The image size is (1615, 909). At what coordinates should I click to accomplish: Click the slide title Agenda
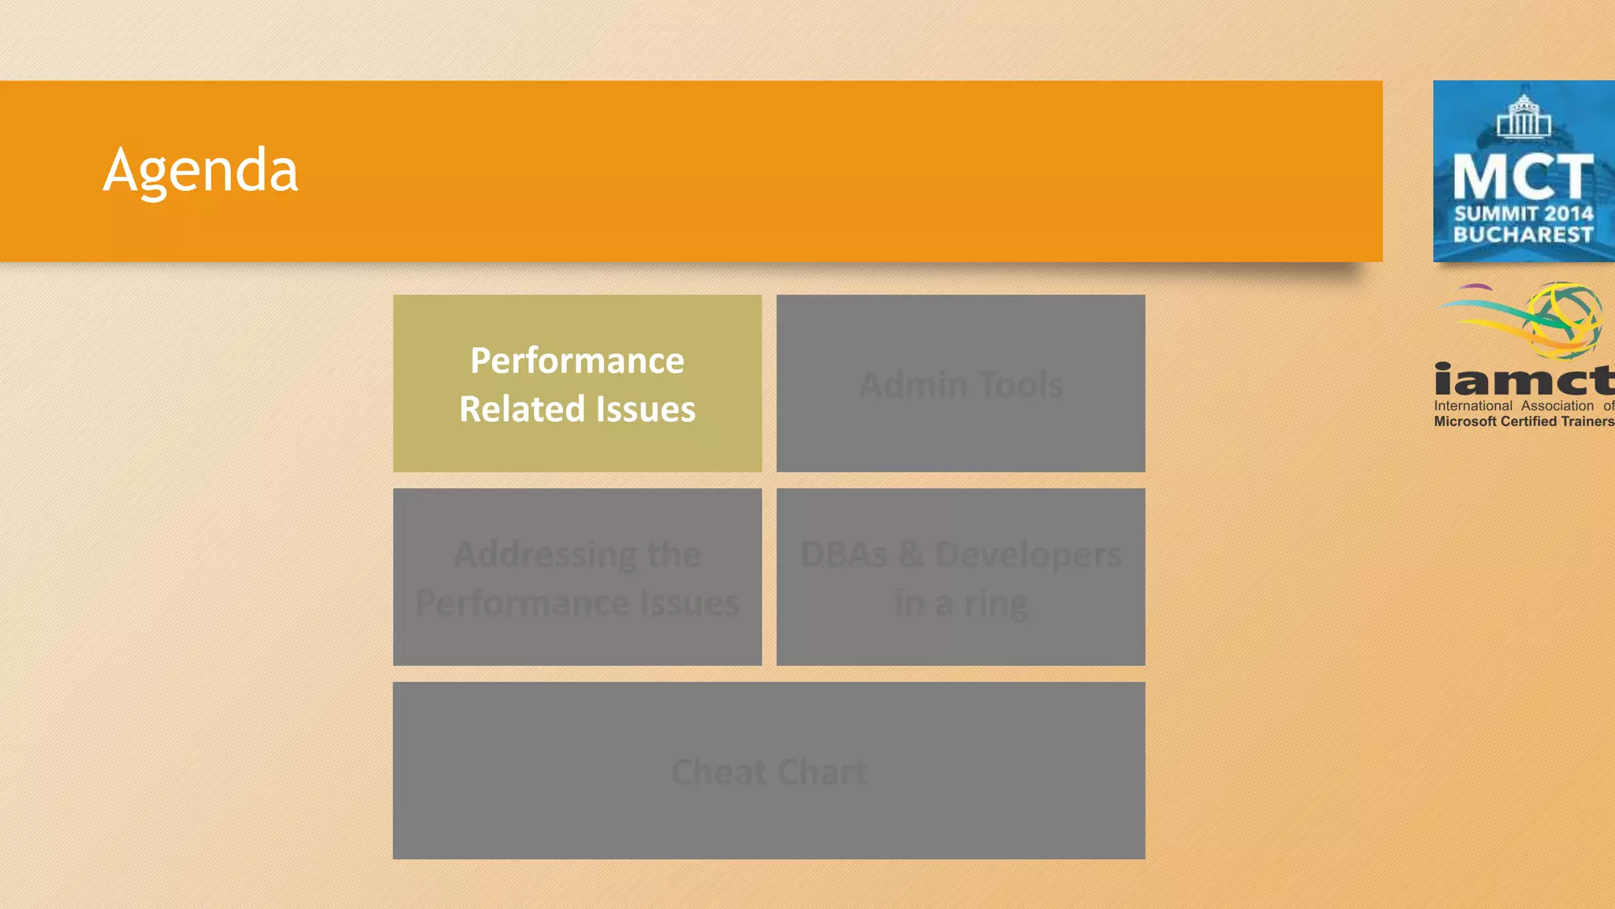click(200, 170)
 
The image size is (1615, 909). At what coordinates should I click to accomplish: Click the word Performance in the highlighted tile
click(577, 361)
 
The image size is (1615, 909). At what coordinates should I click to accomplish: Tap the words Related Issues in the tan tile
click(577, 410)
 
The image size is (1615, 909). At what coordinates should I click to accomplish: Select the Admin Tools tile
click(960, 384)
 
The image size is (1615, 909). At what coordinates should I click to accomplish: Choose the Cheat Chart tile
click(769, 771)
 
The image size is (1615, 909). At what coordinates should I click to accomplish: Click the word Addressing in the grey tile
click(545, 555)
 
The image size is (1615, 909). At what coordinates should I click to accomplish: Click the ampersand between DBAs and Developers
click(911, 554)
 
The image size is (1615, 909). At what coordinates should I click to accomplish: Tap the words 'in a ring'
click(960, 604)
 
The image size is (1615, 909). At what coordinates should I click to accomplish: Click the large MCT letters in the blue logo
click(1523, 177)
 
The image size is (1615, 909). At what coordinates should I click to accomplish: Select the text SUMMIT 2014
click(1524, 214)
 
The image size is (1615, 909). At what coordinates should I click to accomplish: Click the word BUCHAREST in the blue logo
click(1523, 235)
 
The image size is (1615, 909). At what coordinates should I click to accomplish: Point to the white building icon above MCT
click(1524, 116)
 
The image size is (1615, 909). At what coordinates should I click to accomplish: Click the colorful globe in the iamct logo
click(1565, 320)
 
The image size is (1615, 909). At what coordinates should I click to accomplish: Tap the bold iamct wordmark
click(1524, 380)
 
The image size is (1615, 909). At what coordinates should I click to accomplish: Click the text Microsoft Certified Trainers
click(1524, 422)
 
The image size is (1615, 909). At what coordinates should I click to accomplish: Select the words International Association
click(1513, 406)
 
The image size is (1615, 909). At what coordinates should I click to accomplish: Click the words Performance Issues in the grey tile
click(577, 604)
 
